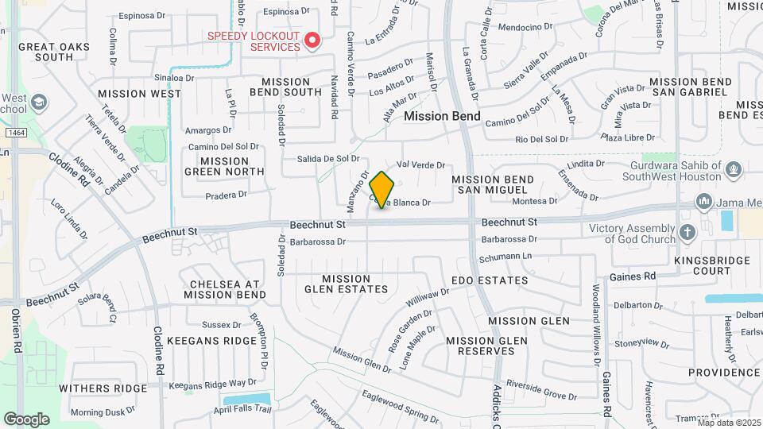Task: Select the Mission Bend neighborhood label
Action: (442, 116)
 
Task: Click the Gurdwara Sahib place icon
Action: (734, 168)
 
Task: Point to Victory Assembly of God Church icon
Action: (687, 233)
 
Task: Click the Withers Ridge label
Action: (103, 388)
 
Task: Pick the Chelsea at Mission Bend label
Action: (225, 289)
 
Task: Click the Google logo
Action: (26, 419)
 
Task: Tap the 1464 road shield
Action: (15, 132)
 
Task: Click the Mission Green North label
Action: (224, 165)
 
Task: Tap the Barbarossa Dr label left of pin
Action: (318, 242)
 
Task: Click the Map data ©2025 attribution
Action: (729, 423)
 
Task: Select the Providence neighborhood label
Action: (725, 372)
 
